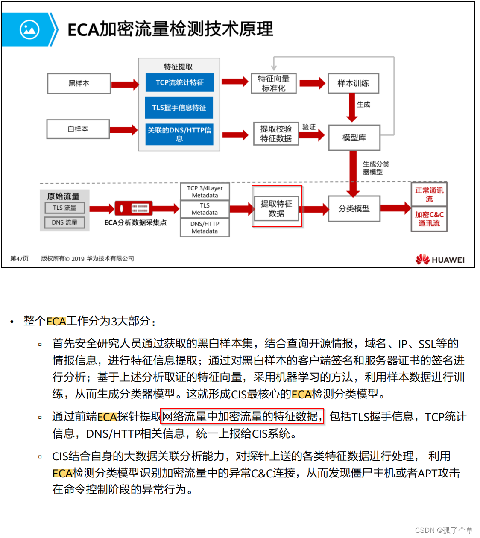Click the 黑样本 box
point(79,83)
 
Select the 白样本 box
point(78,129)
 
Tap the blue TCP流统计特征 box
point(179,82)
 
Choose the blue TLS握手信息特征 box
point(179,108)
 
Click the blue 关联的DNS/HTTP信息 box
point(179,134)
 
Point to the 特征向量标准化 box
point(274,83)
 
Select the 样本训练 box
point(353,83)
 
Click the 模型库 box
point(354,137)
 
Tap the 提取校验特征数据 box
point(276,134)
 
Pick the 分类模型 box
point(354,208)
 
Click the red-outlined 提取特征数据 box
point(276,208)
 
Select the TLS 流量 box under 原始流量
point(64,208)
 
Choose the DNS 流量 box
point(64,222)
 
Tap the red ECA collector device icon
point(134,208)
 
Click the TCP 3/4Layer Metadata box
point(205,192)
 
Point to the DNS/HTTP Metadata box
point(205,228)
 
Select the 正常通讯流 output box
point(429,194)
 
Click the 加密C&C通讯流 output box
point(429,219)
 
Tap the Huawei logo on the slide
point(440,259)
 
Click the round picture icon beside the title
point(29,29)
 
